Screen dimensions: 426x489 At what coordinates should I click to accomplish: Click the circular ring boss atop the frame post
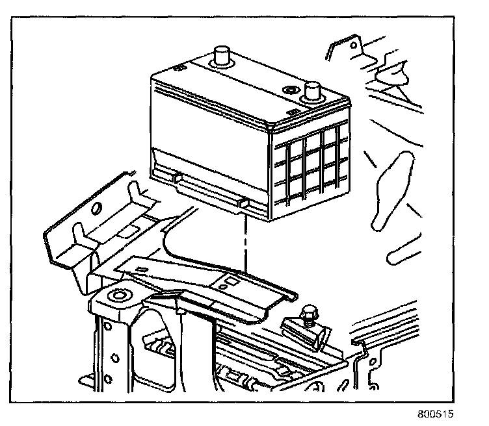118,297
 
